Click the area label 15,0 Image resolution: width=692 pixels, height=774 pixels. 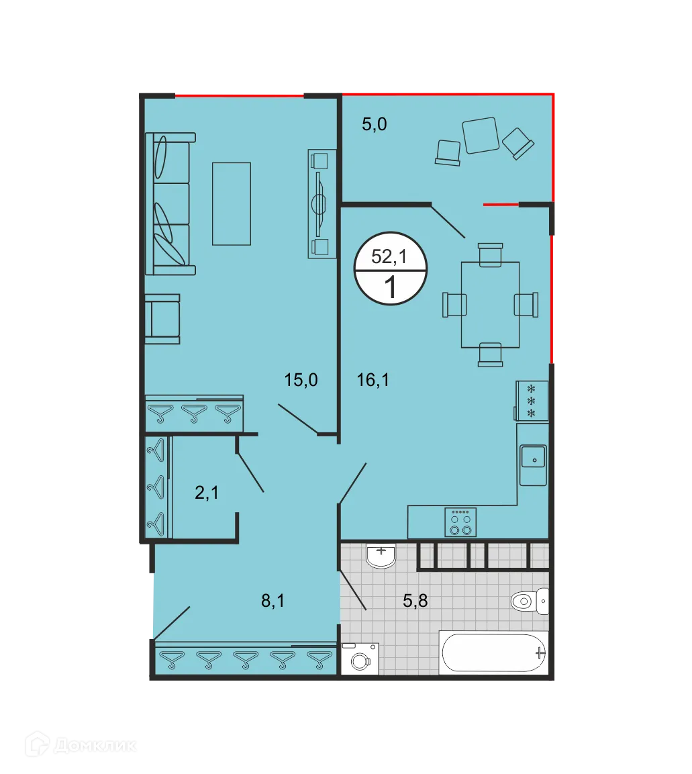pos(301,381)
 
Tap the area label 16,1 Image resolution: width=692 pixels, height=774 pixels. pos(373,381)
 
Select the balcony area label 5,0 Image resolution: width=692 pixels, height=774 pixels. pos(375,124)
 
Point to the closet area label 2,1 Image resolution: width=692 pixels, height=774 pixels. pos(207,493)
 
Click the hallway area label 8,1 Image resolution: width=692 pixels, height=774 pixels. pos(273,601)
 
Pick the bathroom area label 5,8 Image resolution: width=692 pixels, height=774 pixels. pos(415,601)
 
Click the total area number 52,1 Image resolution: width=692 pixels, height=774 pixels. pos(389,256)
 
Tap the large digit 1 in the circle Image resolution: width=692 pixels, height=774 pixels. pos(389,287)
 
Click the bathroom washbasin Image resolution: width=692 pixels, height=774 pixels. pos(381,555)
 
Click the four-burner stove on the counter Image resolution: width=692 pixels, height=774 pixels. pos(461,522)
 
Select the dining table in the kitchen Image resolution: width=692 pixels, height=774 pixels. pos(490,304)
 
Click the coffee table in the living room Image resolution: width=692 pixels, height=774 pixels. pos(232,203)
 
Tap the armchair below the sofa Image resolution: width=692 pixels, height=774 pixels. pos(163,319)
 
